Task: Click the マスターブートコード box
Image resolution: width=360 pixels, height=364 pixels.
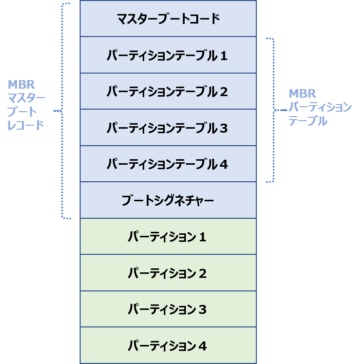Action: pos(168,19)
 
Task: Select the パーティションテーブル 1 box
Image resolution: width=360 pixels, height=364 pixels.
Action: pos(168,55)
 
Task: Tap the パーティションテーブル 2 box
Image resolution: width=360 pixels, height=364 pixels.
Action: pos(168,92)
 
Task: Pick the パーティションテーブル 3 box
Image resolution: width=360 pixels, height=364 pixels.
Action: pos(168,128)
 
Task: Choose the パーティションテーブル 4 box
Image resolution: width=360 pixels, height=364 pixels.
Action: pos(168,164)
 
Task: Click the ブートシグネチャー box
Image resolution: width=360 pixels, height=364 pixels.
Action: pos(168,201)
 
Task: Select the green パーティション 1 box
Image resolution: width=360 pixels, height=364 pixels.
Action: pos(168,237)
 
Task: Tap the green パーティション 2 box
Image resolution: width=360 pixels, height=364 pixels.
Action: pos(168,273)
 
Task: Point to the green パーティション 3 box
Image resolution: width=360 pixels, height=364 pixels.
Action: pos(168,309)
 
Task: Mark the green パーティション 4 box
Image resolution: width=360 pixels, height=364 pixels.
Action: pos(168,345)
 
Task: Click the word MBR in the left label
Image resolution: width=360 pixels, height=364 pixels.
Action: pos(22,85)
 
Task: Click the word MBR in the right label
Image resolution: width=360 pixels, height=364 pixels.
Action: pos(303,94)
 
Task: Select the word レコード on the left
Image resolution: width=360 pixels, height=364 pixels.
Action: pos(26,125)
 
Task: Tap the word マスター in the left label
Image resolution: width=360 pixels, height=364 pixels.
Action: pos(26,98)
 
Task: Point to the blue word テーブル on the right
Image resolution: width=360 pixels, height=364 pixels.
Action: pos(308,121)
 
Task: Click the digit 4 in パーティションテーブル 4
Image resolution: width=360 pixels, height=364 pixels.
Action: pos(223,164)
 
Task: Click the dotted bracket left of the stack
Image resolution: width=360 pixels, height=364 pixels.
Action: pos(64,110)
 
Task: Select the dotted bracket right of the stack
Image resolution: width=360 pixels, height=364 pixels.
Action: pos(273,109)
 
